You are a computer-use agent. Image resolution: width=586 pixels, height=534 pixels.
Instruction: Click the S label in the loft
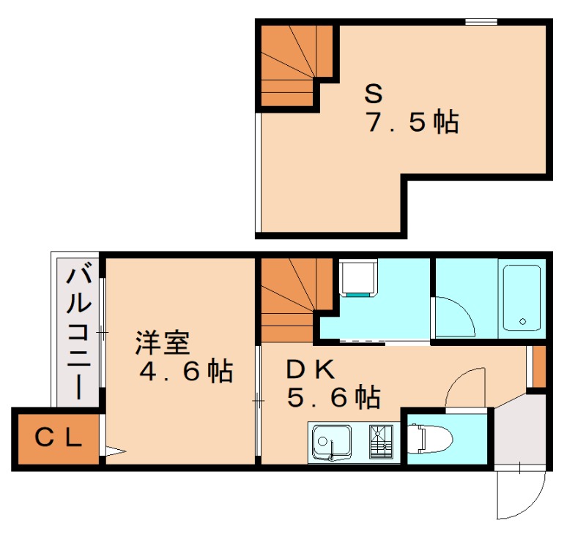point(374,93)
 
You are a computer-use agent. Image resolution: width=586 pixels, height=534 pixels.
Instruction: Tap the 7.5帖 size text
point(412,122)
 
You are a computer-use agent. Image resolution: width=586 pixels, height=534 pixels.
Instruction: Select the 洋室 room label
point(163,342)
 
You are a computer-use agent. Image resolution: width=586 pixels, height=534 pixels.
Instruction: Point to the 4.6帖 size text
point(186,372)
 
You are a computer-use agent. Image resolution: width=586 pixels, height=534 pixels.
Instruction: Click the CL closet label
point(58,437)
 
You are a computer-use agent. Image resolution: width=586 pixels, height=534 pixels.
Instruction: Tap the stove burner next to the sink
point(381,441)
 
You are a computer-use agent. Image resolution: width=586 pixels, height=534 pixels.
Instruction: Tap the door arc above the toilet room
point(464,388)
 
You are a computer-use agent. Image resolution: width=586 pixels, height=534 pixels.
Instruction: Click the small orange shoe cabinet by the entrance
point(539,365)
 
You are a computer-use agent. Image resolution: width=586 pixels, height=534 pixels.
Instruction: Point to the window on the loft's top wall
point(479,22)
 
